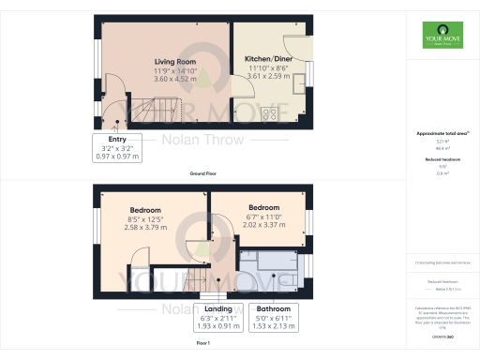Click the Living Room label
169,62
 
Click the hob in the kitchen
269,114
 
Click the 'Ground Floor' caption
202,174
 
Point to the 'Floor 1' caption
202,345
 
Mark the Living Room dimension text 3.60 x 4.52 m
169,78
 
